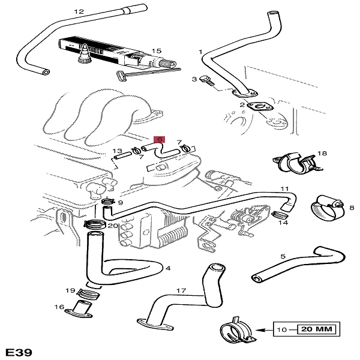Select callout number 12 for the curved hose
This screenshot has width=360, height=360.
79,11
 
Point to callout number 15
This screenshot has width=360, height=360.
157,51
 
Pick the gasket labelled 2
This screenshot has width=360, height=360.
263,109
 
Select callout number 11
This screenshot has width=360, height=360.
284,188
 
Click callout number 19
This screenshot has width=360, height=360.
69,289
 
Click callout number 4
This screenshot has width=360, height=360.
168,268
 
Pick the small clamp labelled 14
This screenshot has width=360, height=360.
278,214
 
